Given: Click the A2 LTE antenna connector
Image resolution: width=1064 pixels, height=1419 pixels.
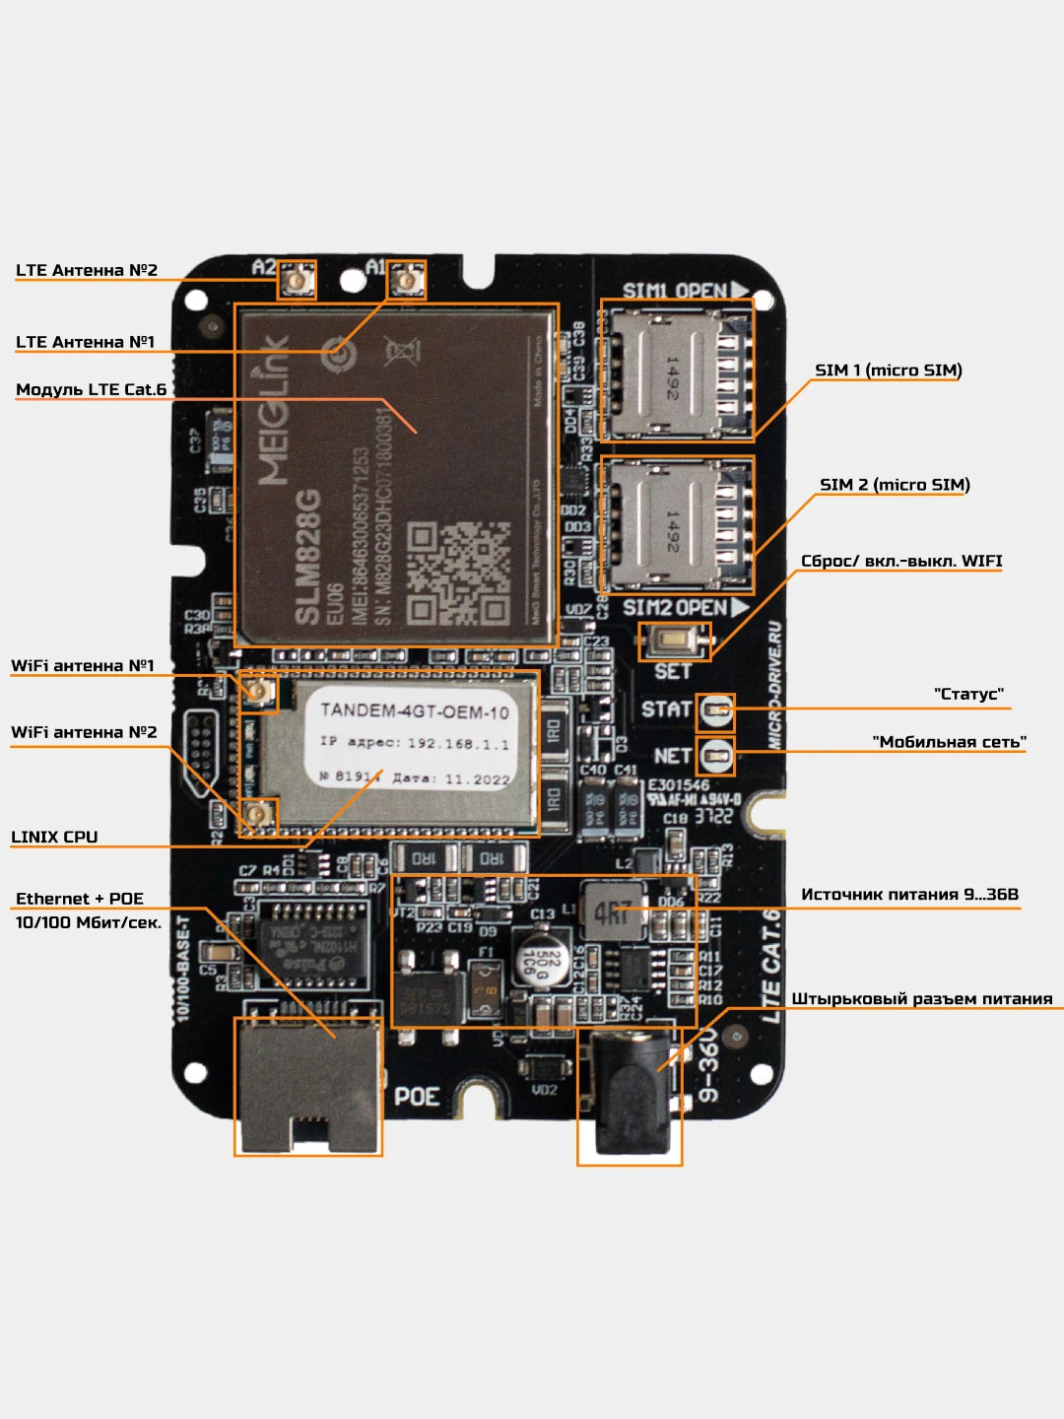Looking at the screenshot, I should tap(296, 281).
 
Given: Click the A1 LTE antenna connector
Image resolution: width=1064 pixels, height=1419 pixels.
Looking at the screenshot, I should tap(406, 281).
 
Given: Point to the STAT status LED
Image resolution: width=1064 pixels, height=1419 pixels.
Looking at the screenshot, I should tap(716, 709).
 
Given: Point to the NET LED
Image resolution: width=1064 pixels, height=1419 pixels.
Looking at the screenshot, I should tap(716, 756).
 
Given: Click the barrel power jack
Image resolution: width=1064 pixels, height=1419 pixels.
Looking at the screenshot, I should tap(630, 1095).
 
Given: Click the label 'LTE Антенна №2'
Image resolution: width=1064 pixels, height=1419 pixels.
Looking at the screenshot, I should tap(87, 270).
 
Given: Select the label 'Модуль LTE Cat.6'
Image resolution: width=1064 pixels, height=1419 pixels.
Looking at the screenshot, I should tap(92, 389).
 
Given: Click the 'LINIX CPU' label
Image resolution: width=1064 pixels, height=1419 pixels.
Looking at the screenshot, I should tap(54, 837).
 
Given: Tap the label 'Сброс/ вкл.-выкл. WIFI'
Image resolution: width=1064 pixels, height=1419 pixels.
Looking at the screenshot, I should tap(901, 561).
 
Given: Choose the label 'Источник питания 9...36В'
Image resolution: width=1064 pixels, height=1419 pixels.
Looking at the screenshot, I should tap(909, 894).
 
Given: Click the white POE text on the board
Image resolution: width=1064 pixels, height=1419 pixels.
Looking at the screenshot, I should tap(417, 1097).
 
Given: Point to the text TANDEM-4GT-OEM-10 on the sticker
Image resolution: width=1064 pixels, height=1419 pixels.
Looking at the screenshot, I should tap(415, 710).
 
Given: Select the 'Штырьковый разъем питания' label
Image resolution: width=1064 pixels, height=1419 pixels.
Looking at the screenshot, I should tap(922, 998).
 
